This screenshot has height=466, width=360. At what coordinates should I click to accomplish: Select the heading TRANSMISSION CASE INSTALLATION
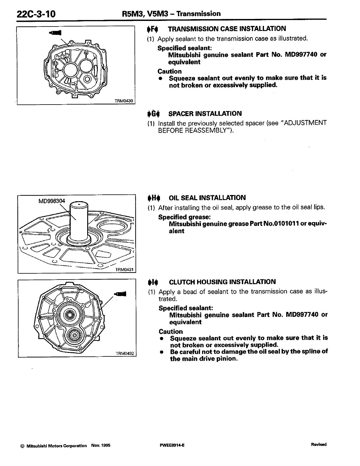pyautogui.click(x=227, y=29)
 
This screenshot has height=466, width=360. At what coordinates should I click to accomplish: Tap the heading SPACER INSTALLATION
pyautogui.click(x=205, y=113)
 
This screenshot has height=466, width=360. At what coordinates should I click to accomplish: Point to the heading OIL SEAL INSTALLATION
pyautogui.click(x=207, y=198)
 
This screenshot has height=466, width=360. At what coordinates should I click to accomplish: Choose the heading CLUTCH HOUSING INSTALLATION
pyautogui.click(x=222, y=282)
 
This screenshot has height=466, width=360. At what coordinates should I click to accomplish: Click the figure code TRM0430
pyautogui.click(x=124, y=101)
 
